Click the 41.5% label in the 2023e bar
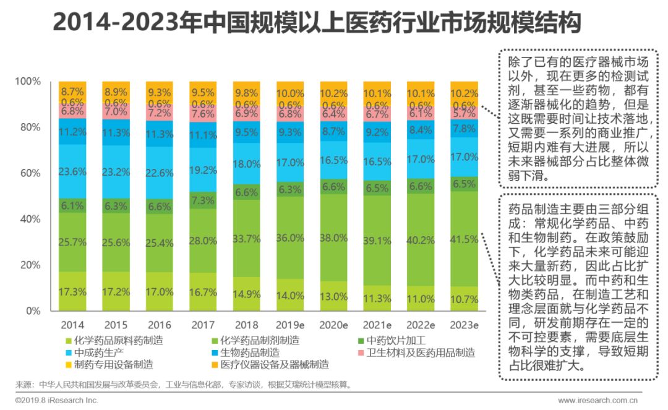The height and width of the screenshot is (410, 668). point(464,238)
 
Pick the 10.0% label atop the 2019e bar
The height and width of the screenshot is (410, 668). point(290,93)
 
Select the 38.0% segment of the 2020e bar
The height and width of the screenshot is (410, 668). point(333,238)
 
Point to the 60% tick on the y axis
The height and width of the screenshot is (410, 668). point(28,173)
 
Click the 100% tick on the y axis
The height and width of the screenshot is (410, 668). point(27,82)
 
